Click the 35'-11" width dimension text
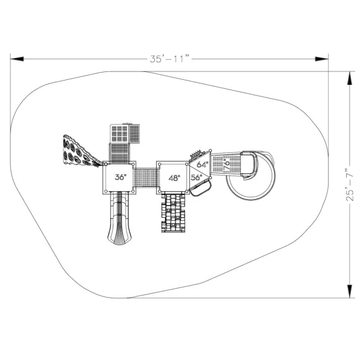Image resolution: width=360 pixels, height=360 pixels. [169, 59]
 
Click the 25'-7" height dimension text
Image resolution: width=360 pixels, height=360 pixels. [350, 185]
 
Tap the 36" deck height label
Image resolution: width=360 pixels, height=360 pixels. [120, 177]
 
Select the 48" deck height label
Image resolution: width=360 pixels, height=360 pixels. [174, 178]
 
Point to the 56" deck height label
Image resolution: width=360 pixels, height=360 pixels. [197, 177]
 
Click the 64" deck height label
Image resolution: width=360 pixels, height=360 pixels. [203, 165]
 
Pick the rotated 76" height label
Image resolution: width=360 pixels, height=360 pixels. [226, 164]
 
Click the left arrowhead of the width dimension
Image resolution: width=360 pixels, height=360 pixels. [17, 59]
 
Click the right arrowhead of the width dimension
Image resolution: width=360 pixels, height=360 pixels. [322, 59]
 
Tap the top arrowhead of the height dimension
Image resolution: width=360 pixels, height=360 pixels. [350, 78]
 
